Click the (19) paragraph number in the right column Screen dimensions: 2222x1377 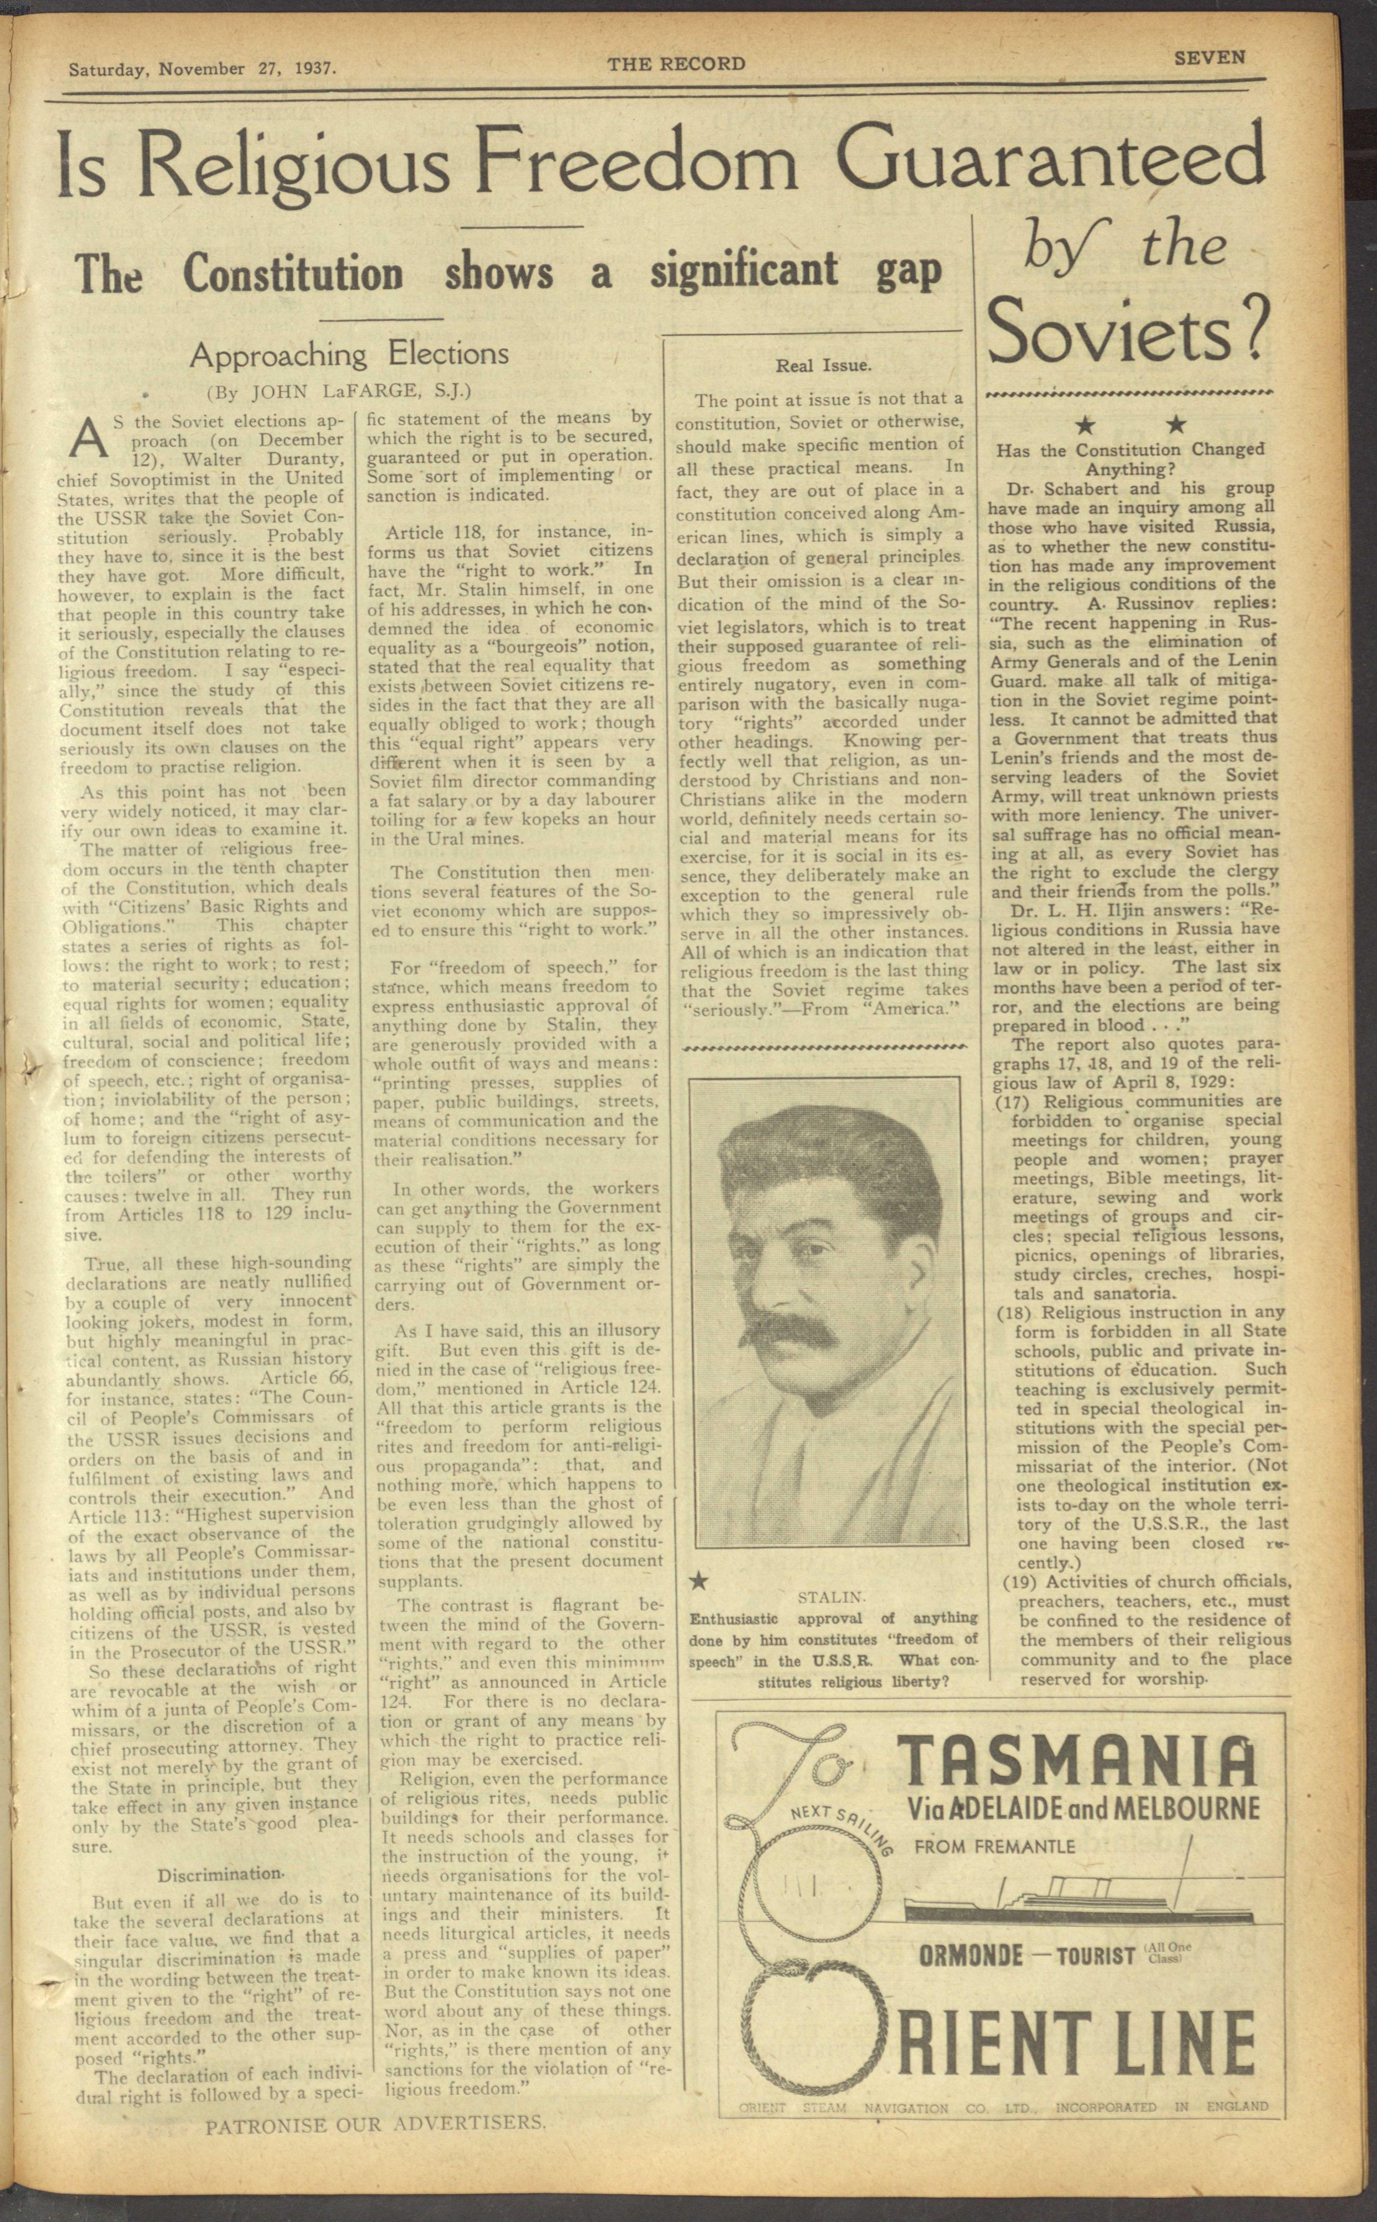pyautogui.click(x=1019, y=1581)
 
